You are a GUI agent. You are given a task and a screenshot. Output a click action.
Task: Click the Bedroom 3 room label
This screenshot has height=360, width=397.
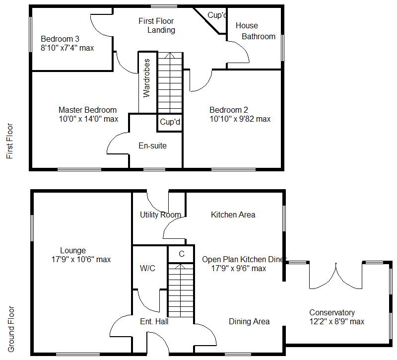pyautogui.click(x=60, y=39)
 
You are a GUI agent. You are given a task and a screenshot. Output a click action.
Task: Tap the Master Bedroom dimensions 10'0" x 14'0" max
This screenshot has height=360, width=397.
pyautogui.click(x=88, y=119)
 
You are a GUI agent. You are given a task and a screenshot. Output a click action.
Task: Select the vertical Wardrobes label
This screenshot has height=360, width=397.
pyautogui.click(x=146, y=78)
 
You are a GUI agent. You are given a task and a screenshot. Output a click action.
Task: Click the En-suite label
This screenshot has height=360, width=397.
pyautogui.click(x=152, y=146)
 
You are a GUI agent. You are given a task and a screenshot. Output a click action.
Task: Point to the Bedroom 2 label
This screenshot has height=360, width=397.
pyautogui.click(x=228, y=110)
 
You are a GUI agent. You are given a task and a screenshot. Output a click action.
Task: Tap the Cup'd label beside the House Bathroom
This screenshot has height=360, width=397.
pyautogui.click(x=217, y=15)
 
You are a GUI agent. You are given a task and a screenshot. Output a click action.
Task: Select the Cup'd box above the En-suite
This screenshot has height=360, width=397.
pyautogui.click(x=170, y=122)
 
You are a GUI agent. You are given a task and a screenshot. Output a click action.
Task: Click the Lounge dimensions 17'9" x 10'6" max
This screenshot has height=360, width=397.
pyautogui.click(x=81, y=259)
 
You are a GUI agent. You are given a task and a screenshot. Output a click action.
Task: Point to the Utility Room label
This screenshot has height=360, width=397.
pyautogui.click(x=160, y=215)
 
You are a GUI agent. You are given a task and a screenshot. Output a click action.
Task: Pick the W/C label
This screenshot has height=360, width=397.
pyautogui.click(x=147, y=269)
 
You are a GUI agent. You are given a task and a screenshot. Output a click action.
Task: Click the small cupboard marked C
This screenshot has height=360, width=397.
pyautogui.click(x=181, y=254)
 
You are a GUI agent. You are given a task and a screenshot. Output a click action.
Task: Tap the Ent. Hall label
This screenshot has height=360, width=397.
pyautogui.click(x=154, y=322)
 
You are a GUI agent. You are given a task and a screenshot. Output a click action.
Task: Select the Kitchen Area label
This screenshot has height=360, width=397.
pyautogui.click(x=233, y=215)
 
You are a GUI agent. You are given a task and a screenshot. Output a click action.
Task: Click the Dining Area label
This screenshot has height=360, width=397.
pyautogui.click(x=249, y=322)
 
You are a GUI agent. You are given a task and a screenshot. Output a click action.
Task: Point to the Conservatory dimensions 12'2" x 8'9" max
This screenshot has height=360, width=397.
pyautogui.click(x=336, y=321)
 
